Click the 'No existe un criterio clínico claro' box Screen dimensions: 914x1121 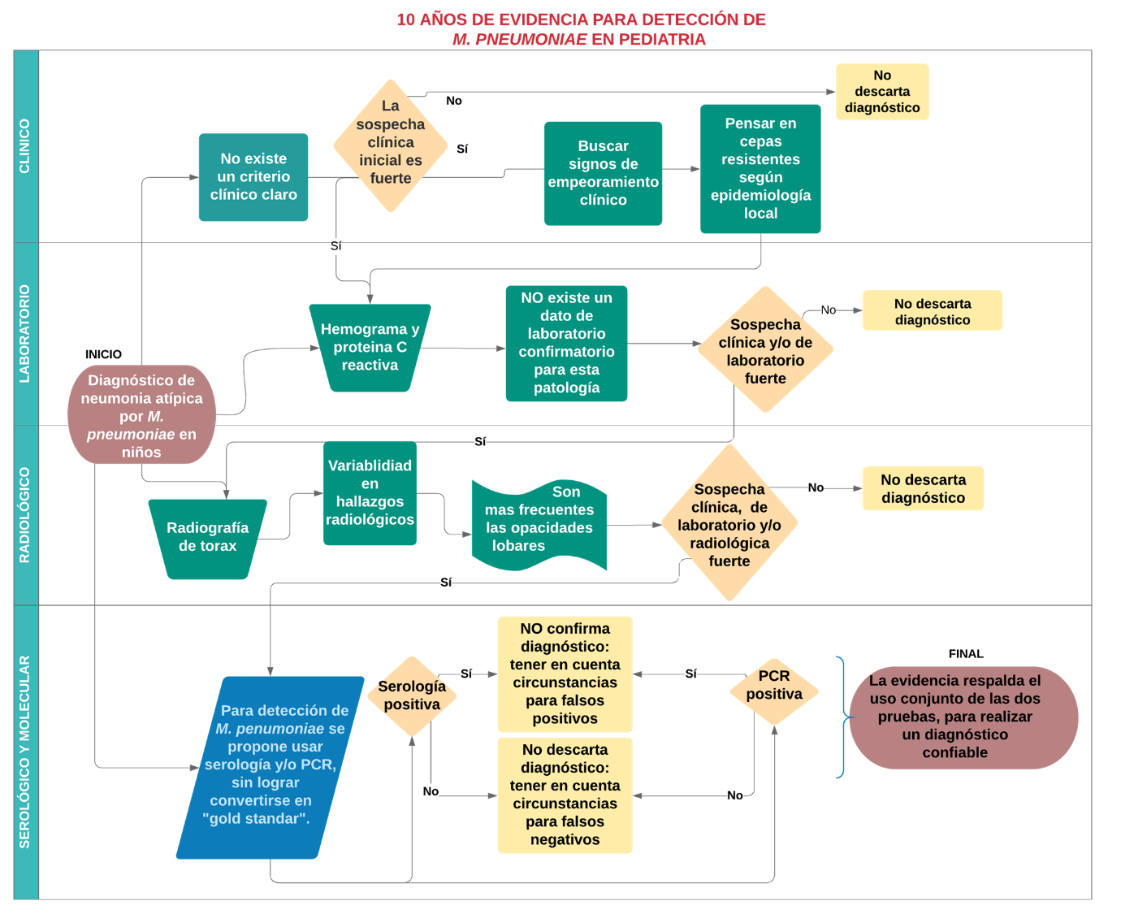tap(253, 177)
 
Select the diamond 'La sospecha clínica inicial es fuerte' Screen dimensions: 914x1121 tap(391, 145)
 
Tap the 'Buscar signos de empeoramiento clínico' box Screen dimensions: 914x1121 tap(603, 173)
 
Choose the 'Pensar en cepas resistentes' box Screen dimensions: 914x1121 tap(760, 168)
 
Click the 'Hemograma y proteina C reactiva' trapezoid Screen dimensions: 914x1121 tap(370, 348)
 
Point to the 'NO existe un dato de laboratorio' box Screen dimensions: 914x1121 tap(566, 343)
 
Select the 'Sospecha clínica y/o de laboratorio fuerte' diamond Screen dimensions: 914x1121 tap(765, 350)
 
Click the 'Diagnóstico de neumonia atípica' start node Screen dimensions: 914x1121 tap(141, 415)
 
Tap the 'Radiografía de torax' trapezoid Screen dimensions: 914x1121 tap(208, 538)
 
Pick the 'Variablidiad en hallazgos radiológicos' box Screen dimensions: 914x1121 tap(370, 492)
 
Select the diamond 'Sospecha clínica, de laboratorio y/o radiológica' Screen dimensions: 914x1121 tap(729, 524)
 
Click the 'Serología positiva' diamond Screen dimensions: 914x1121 tap(413, 695)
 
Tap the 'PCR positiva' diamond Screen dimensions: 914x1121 tap(774, 691)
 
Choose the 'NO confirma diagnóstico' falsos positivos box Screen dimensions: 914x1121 tap(565, 674)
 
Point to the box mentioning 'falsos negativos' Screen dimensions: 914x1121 tap(565, 795)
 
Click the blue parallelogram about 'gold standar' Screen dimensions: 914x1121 tap(271, 766)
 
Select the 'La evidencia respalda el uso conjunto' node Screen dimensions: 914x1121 tap(963, 717)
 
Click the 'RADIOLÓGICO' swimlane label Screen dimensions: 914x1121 tap(25, 515)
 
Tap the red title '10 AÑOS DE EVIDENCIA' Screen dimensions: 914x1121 tap(581, 20)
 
